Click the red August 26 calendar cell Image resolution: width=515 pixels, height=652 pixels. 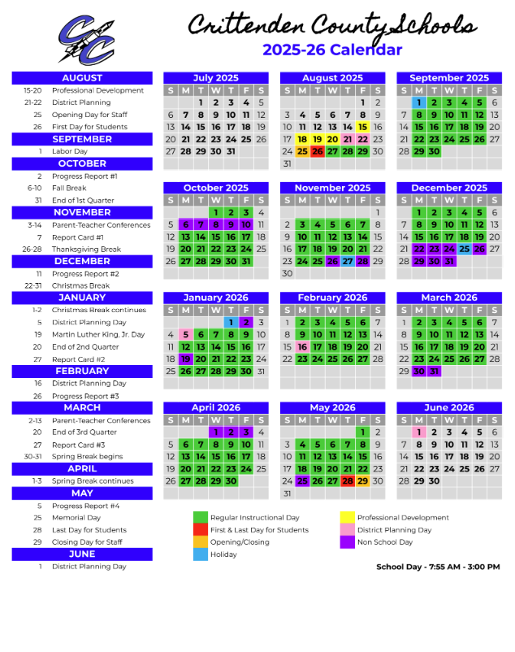click(x=318, y=151)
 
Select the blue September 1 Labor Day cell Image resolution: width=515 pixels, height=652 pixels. click(x=419, y=102)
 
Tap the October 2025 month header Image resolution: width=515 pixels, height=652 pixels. click(x=215, y=188)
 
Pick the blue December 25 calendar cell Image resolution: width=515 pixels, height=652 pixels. click(x=464, y=249)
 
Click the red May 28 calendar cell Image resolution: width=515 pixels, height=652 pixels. click(x=348, y=480)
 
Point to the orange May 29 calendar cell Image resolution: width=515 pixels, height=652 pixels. click(x=363, y=480)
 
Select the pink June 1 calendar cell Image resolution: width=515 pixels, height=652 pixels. click(x=419, y=432)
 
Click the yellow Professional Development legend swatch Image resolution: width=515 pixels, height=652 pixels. click(x=347, y=518)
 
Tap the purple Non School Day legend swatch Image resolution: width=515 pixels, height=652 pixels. click(x=347, y=542)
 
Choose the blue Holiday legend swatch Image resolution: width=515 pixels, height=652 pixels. click(x=200, y=554)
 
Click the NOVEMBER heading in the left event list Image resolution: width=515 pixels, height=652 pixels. click(x=82, y=212)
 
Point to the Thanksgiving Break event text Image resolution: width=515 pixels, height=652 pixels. click(x=86, y=250)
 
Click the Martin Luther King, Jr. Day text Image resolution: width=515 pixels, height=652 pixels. click(x=97, y=334)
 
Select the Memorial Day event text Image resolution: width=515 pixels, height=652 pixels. click(x=76, y=518)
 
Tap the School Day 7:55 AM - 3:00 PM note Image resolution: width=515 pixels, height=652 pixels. click(x=438, y=567)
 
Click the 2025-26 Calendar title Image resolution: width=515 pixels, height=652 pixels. click(x=331, y=50)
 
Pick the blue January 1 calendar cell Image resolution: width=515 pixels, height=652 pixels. click(x=231, y=322)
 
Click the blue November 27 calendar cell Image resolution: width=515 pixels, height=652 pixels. click(x=348, y=261)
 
